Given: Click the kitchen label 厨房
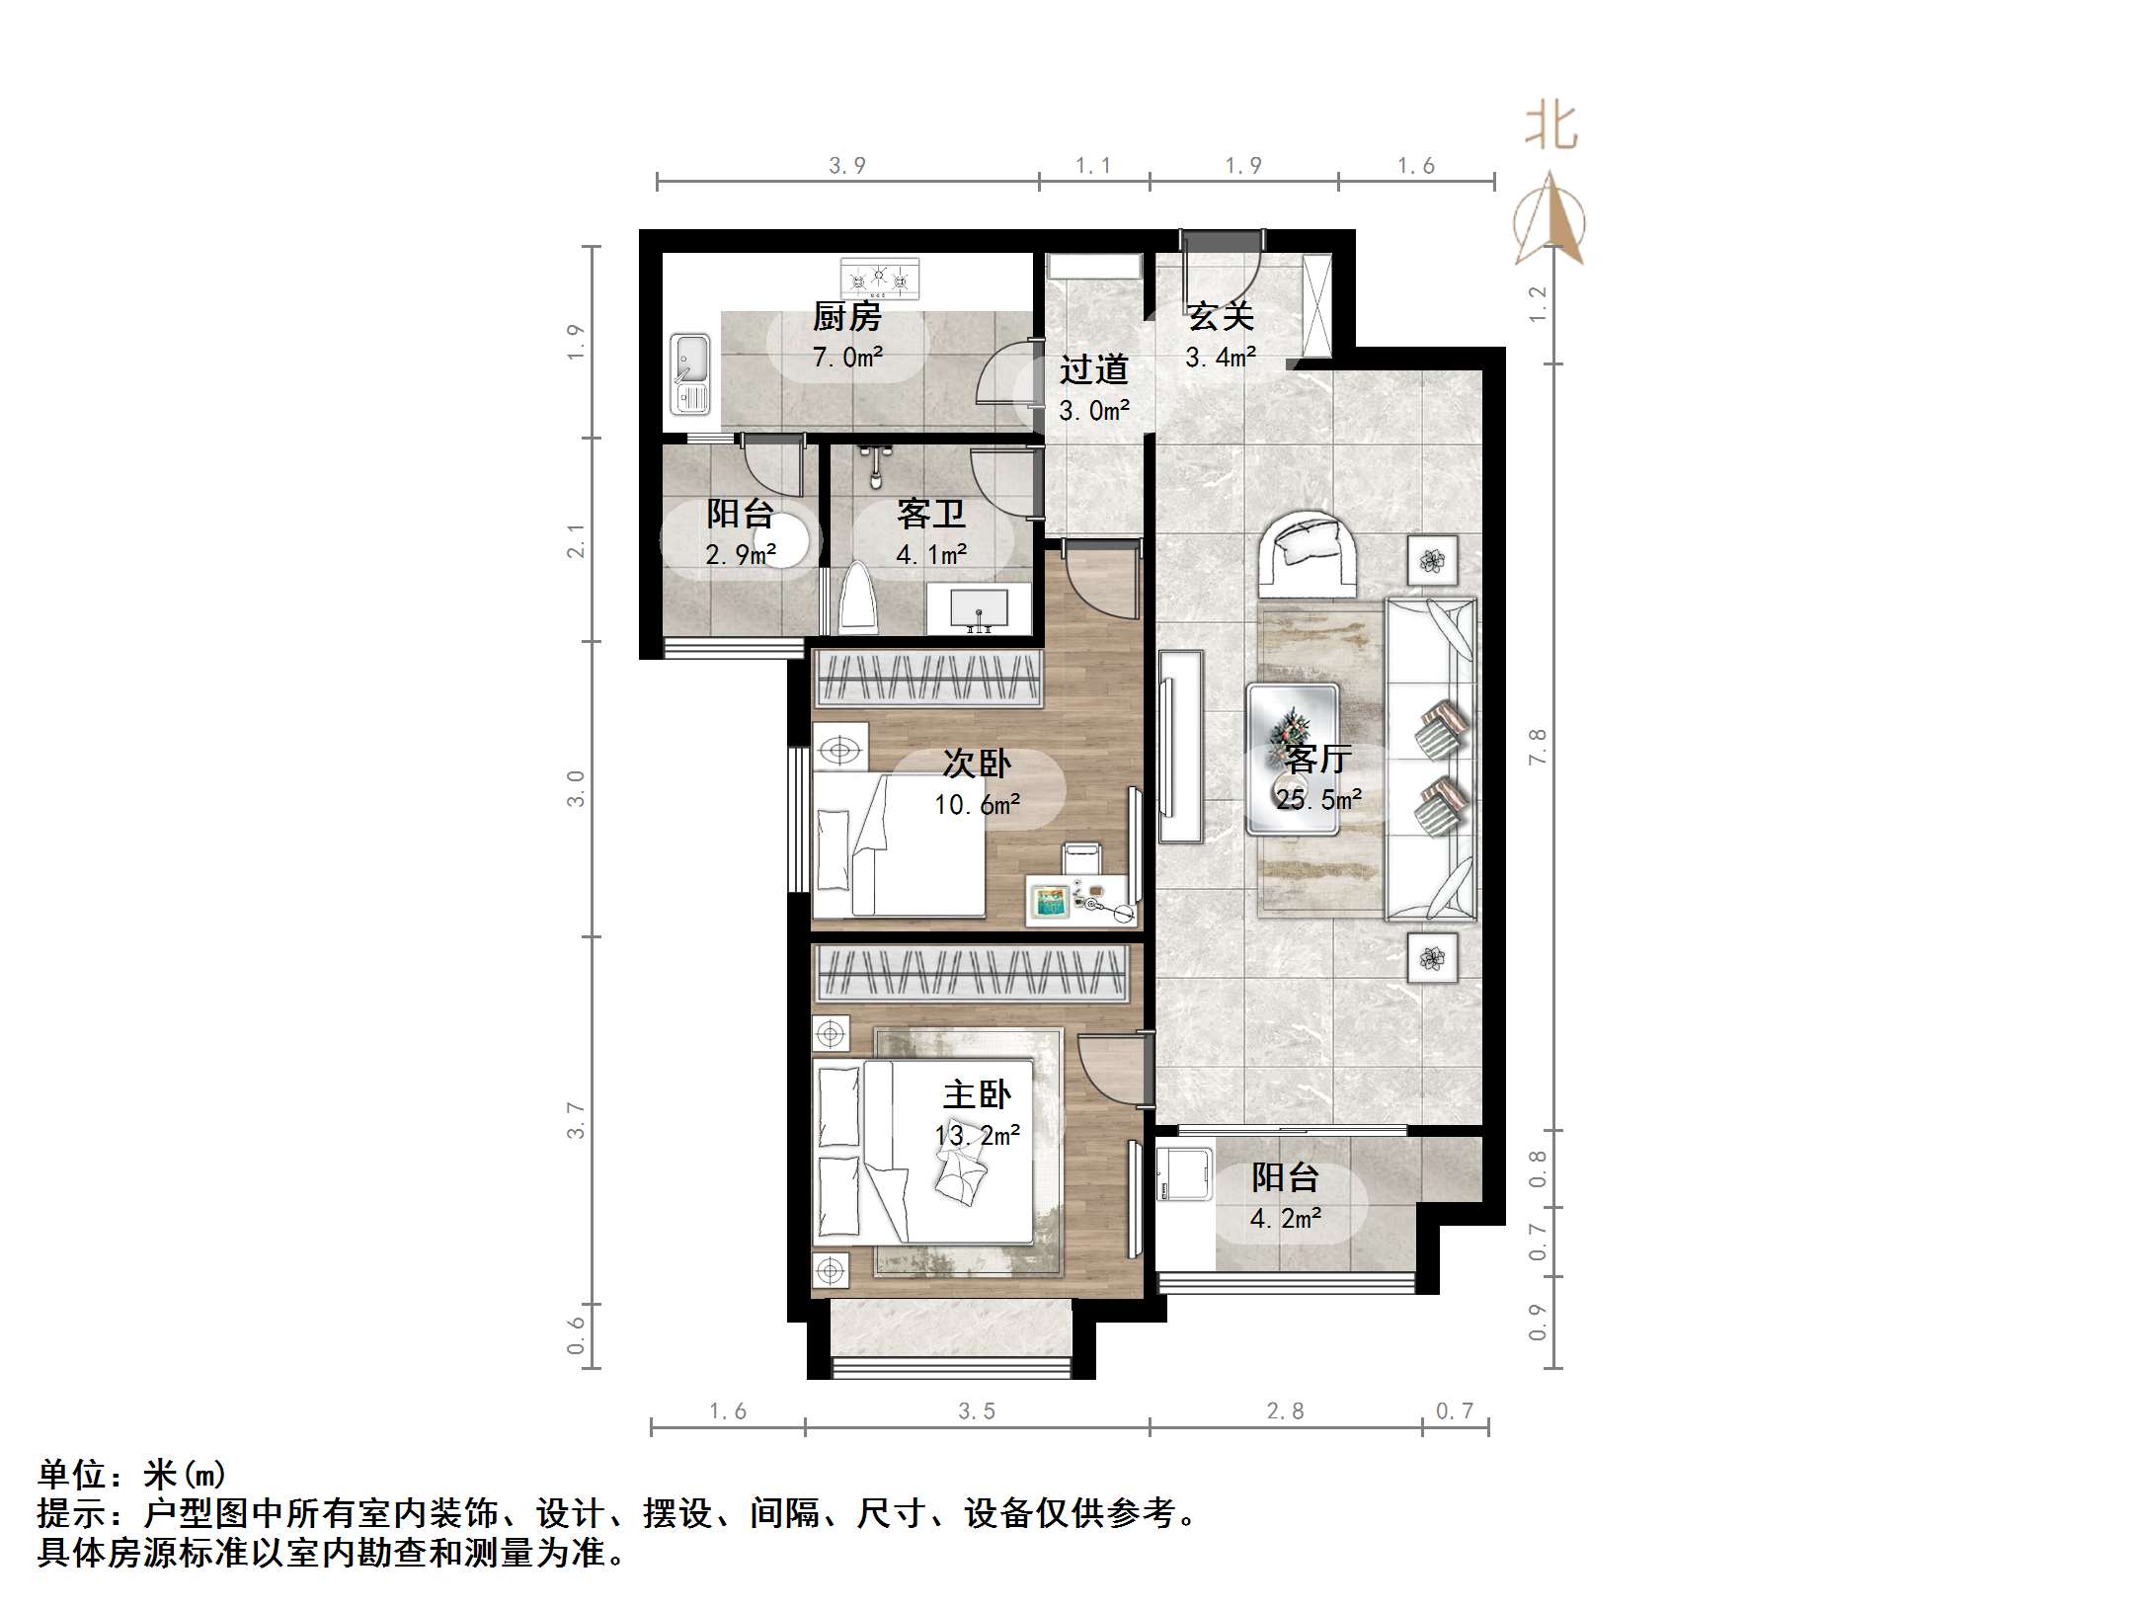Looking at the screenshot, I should pyautogui.click(x=846, y=317).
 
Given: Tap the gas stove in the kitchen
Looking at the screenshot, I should pyautogui.click(x=879, y=279).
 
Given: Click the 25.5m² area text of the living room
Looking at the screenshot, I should pyautogui.click(x=1318, y=799).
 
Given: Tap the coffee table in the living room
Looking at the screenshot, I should pyautogui.click(x=1293, y=758).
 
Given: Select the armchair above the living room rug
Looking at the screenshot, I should pyautogui.click(x=1309, y=552).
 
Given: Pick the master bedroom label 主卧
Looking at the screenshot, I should pyautogui.click(x=977, y=1094).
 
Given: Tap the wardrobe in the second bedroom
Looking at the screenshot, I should pyautogui.click(x=927, y=679).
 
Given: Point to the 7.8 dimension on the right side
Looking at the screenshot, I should pyautogui.click(x=1537, y=747).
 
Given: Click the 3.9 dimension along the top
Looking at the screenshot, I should pyautogui.click(x=846, y=166).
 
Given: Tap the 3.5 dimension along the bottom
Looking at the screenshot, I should pyautogui.click(x=976, y=1411).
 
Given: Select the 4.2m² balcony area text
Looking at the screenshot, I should pyautogui.click(x=1285, y=1219).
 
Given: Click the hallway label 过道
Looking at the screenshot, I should pyautogui.click(x=1093, y=369).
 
